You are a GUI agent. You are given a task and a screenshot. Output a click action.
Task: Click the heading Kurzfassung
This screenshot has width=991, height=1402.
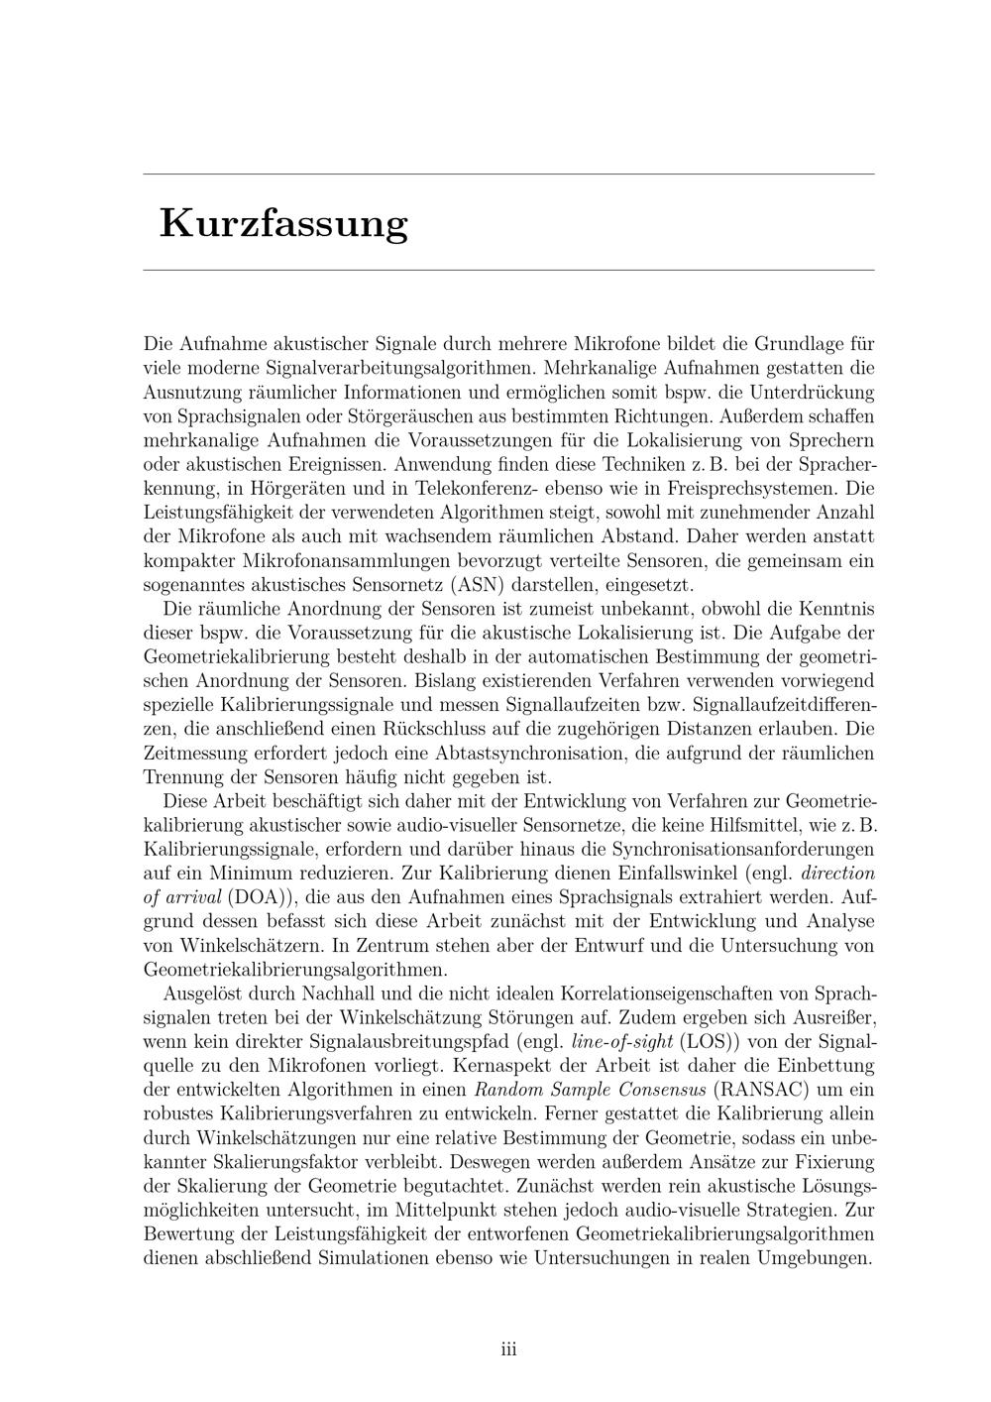[283, 223]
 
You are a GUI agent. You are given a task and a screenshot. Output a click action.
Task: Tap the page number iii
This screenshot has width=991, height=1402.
[508, 1348]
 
